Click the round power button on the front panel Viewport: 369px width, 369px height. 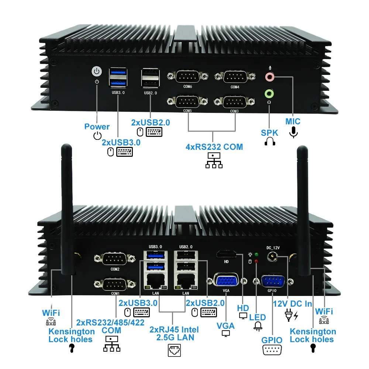click(96, 71)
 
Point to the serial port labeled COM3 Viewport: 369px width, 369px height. click(235, 101)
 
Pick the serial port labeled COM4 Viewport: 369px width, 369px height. click(235, 77)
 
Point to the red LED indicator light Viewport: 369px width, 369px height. click(256, 261)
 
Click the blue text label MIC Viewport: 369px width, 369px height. click(293, 121)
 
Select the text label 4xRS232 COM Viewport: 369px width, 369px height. click(214, 147)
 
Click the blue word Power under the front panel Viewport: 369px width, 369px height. click(97, 127)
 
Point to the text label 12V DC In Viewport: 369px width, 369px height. click(293, 304)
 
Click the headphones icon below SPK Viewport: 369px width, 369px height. click(270, 142)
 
